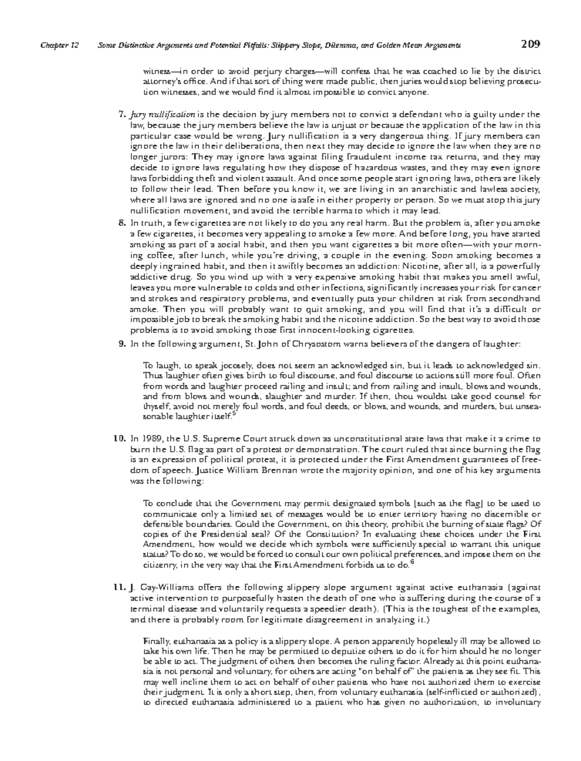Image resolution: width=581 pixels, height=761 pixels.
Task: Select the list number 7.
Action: tap(122, 115)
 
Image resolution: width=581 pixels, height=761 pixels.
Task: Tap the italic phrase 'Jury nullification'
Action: tap(162, 115)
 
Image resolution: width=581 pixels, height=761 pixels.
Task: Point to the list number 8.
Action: tap(122, 223)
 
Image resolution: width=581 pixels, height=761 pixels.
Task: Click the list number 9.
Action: tap(122, 344)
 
